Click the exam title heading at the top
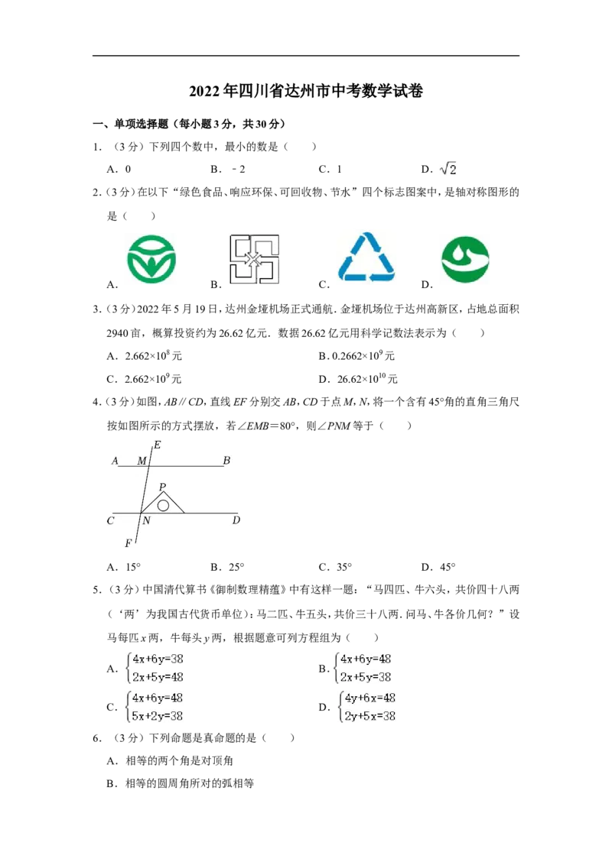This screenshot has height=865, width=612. click(x=306, y=90)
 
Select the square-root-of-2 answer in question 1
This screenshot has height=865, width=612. click(x=448, y=169)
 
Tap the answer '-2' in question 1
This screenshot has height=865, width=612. click(x=239, y=170)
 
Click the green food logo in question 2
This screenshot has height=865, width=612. click(x=151, y=259)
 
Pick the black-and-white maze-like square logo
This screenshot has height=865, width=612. click(x=255, y=259)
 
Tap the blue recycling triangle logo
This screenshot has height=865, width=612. click(x=366, y=258)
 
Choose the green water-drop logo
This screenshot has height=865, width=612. click(x=465, y=260)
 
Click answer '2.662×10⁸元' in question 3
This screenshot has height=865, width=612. click(x=154, y=356)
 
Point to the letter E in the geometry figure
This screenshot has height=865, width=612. click(x=158, y=445)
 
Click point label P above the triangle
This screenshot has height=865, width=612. click(x=162, y=487)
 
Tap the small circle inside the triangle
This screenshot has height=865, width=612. click(x=163, y=505)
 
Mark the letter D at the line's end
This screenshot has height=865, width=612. click(x=236, y=520)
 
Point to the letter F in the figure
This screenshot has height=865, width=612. click(x=129, y=543)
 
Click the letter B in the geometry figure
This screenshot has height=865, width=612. click(x=226, y=461)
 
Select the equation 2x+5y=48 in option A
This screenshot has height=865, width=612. click(x=158, y=677)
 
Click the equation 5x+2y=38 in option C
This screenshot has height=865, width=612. click(x=158, y=716)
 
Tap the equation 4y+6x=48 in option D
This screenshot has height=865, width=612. click(x=370, y=698)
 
